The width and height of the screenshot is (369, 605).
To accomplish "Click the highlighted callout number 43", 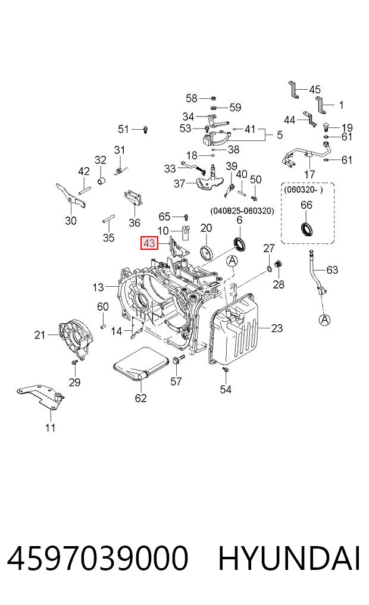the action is pyautogui.click(x=149, y=243).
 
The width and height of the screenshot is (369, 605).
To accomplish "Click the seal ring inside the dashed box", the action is pyautogui.click(x=307, y=228).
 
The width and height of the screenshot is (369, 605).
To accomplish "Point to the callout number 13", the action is pyautogui.click(x=98, y=287).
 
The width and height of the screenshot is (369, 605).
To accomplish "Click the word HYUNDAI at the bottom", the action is pyautogui.click(x=289, y=558).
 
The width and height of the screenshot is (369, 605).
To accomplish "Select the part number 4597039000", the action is pyautogui.click(x=98, y=558).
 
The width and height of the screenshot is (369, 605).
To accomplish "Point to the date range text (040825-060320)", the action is pyautogui.click(x=242, y=211).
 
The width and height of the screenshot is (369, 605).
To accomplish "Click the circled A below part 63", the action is pyautogui.click(x=324, y=319).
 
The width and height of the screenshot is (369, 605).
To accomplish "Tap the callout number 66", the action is pyautogui.click(x=307, y=205).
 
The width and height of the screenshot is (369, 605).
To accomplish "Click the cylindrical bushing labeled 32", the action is pyautogui.click(x=102, y=181).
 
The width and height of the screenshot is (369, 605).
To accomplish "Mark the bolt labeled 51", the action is pyautogui.click(x=145, y=129).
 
